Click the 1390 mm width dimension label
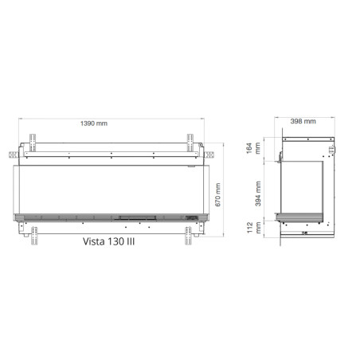(94, 123)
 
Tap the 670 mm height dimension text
(217, 194)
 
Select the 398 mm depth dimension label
(303, 121)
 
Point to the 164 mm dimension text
(253, 148)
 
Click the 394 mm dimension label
(258, 194)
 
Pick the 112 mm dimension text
(254, 228)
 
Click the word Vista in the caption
(93, 241)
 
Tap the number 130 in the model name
(115, 241)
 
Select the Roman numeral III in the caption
(131, 241)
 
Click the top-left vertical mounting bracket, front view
(33, 143)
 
